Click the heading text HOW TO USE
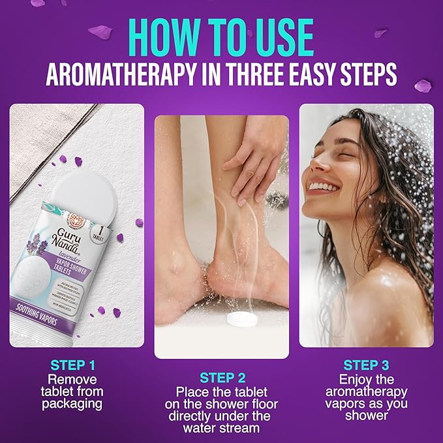[x=222, y=34]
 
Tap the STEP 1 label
[x=73, y=365]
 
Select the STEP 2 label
[x=222, y=378]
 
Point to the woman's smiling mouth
[x=322, y=188]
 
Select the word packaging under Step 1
[x=73, y=404]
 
